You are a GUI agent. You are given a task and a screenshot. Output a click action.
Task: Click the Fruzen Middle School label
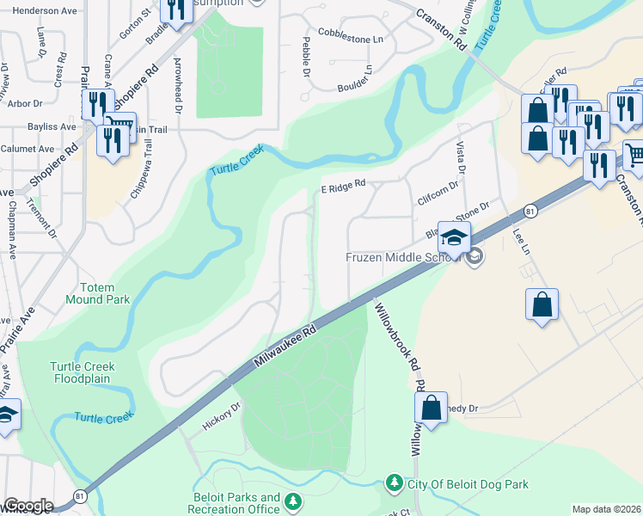coord(405,257)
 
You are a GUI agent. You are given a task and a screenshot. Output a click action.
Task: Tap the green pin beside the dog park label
coord(395,483)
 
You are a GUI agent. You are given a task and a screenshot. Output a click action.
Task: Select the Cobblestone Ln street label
coord(350,40)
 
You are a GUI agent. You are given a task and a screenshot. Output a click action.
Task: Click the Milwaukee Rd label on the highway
coord(285,347)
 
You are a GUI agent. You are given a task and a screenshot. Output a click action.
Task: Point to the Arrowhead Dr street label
coord(179,87)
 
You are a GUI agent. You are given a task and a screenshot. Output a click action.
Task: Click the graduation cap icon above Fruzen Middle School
coord(454,236)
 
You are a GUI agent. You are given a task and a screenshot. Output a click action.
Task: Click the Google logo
coord(28,506)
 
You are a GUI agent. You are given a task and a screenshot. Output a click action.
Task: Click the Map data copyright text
coord(607,509)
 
